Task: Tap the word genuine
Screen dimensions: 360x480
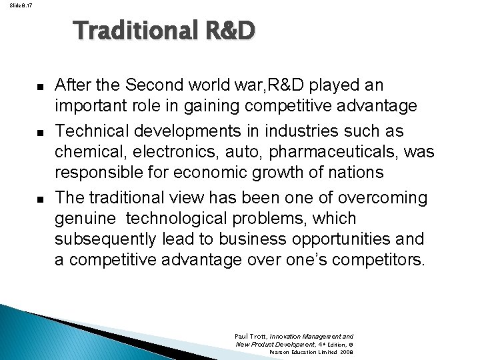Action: coord(83,219)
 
